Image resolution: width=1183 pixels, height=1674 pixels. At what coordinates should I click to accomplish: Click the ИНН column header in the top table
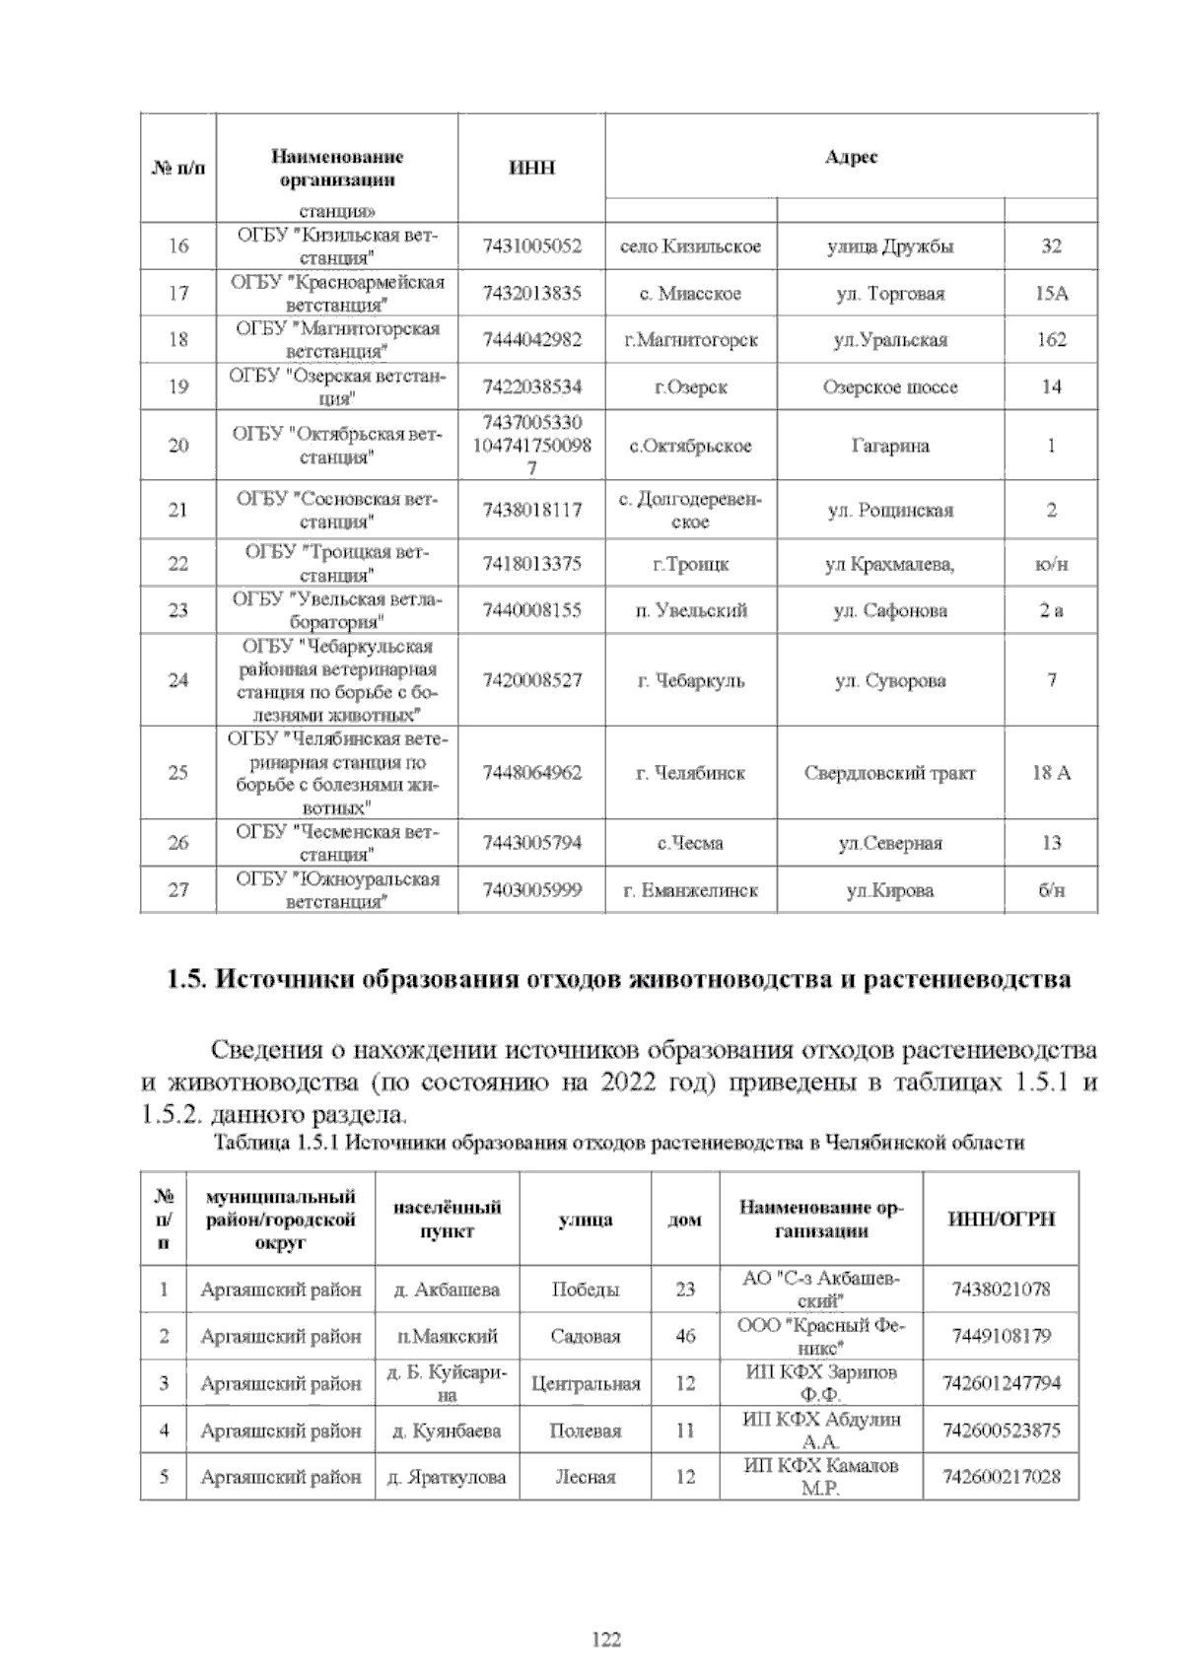(x=531, y=168)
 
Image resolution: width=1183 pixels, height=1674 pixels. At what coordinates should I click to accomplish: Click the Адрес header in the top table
(x=851, y=157)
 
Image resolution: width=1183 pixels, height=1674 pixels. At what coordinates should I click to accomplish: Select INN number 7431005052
(x=531, y=246)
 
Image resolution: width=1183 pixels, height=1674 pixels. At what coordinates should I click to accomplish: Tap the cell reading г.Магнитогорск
(x=691, y=340)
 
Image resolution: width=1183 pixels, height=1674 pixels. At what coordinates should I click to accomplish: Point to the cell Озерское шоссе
(x=889, y=387)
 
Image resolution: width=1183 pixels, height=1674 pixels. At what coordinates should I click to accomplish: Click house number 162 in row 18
(x=1051, y=340)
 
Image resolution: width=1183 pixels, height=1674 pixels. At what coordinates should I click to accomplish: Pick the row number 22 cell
(x=178, y=564)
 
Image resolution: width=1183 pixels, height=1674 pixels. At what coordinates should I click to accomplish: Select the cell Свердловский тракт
(x=889, y=773)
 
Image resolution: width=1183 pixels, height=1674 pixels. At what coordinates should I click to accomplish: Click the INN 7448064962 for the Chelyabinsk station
(x=531, y=773)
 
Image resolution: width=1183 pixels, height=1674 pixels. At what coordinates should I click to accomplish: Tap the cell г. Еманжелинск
(x=691, y=890)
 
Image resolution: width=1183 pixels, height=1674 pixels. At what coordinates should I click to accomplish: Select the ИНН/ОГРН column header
(x=1001, y=1219)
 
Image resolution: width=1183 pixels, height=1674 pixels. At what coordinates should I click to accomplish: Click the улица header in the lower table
(x=586, y=1220)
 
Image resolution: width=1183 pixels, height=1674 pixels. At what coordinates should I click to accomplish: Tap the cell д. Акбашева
(x=447, y=1290)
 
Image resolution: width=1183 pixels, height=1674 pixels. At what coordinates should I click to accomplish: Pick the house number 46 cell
(x=685, y=1336)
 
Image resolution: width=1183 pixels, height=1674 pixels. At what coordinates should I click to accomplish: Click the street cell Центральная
(x=586, y=1383)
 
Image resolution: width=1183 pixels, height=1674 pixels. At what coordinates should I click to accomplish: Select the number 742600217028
(x=1002, y=1477)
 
